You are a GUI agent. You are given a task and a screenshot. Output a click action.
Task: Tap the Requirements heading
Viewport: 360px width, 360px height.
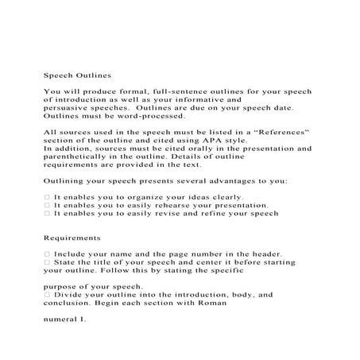click(x=72, y=238)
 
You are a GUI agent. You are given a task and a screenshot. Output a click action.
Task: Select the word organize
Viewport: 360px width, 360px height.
click(x=151, y=197)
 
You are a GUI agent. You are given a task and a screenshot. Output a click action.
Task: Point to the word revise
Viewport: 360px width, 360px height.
click(x=178, y=214)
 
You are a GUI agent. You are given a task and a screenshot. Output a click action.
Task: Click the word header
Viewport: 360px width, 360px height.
click(x=278, y=255)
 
